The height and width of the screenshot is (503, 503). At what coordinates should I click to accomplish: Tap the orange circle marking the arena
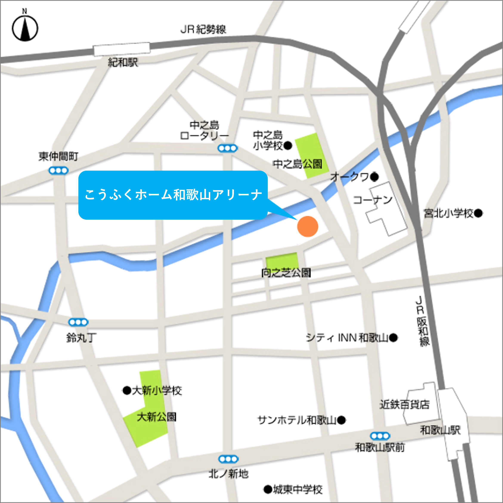[308, 226]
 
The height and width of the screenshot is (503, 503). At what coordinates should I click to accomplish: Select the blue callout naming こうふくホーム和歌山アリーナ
[173, 195]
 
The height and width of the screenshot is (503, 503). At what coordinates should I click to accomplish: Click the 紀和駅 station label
[123, 62]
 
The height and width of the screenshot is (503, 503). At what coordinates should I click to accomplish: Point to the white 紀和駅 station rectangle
[122, 49]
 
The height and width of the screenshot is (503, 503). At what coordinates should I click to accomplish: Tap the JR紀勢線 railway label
[203, 29]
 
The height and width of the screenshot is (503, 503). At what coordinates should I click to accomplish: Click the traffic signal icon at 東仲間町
[59, 171]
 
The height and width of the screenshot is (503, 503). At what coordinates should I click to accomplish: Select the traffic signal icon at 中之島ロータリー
[228, 148]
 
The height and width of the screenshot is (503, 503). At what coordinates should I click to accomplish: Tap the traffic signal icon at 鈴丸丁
[78, 322]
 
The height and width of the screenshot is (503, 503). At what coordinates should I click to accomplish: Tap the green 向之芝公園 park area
[282, 262]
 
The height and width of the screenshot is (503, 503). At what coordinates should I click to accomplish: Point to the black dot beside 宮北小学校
[478, 213]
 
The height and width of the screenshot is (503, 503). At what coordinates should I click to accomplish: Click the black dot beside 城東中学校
[268, 489]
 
